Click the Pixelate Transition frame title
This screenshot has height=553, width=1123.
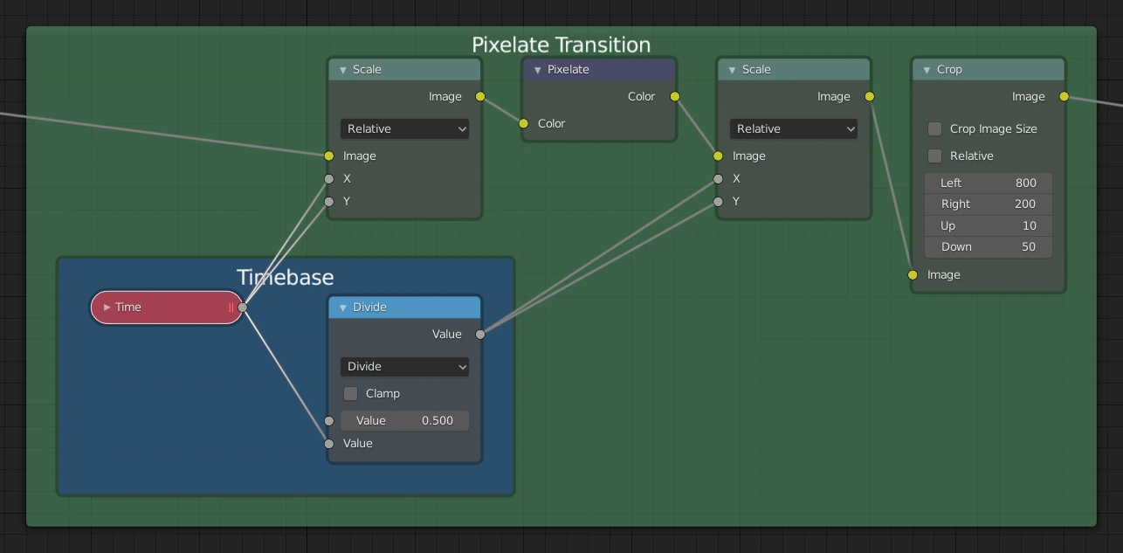561,45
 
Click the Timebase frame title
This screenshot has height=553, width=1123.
285,277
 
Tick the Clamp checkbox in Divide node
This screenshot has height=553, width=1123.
351,393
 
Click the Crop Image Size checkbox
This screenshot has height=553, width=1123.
934,128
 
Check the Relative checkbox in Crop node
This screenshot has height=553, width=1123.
934,156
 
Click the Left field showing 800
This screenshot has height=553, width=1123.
988,183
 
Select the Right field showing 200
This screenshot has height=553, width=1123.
988,204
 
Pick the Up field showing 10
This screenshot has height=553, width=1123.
988,225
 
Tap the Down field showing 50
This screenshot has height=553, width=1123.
988,246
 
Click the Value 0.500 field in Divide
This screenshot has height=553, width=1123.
404,420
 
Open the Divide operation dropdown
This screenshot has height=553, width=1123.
404,366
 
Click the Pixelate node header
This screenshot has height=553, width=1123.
599,70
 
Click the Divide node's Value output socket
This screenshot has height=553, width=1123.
480,334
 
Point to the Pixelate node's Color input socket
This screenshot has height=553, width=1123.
524,123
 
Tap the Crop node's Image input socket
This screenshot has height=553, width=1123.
913,274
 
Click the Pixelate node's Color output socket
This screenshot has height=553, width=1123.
675,96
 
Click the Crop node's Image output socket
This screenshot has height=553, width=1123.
1064,96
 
